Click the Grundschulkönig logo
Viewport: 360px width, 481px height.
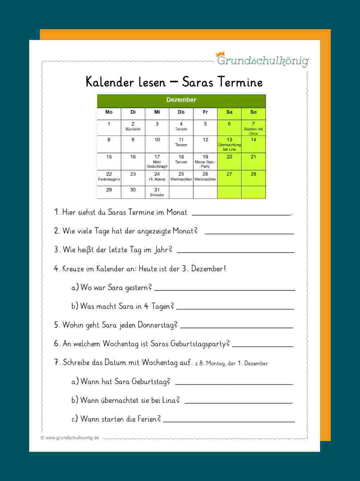coord(262,60)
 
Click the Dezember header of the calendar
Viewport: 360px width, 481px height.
coord(181,100)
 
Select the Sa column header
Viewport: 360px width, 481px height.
coord(229,112)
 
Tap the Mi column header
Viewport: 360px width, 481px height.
coord(157,112)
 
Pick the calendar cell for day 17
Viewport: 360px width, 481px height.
coord(157,161)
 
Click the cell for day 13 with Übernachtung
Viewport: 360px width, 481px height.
coord(229,144)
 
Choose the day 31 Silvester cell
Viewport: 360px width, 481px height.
coord(157,192)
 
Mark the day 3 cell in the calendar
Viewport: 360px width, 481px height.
coord(157,127)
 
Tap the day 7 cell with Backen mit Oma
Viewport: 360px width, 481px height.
coord(253,128)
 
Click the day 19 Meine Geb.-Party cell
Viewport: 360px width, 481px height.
coord(205,161)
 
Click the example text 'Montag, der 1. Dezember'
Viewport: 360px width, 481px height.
coord(237,364)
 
